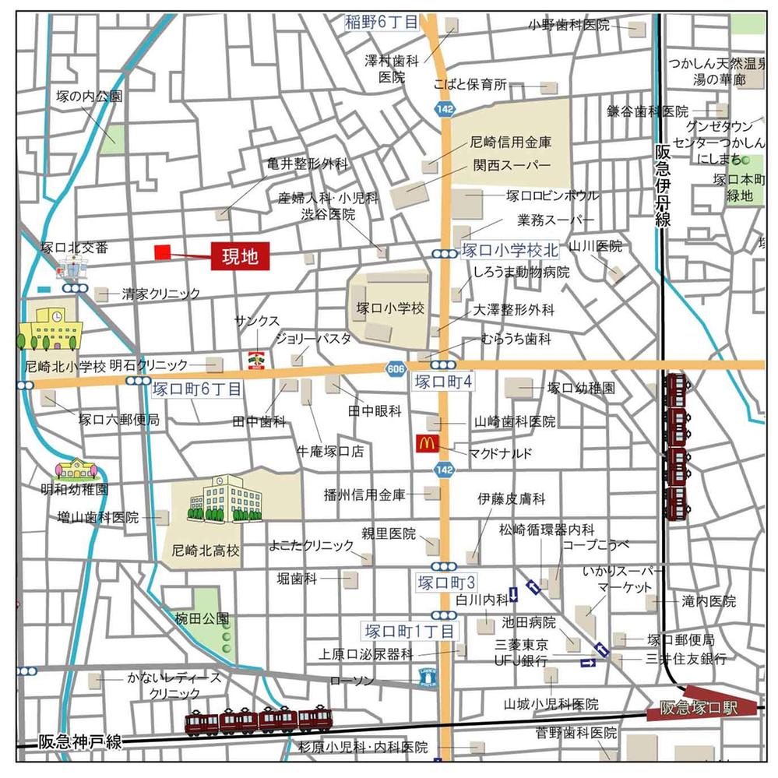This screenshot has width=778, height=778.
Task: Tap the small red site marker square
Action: click(x=162, y=252)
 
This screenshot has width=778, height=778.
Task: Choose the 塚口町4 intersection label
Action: click(x=445, y=382)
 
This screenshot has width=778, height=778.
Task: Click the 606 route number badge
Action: click(x=395, y=368)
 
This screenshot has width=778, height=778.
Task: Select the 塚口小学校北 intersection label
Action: click(x=510, y=251)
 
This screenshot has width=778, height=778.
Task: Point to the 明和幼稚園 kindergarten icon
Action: click(x=76, y=469)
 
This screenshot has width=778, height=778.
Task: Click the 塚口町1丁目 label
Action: click(x=408, y=630)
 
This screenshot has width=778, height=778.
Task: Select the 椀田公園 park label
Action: click(x=202, y=619)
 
